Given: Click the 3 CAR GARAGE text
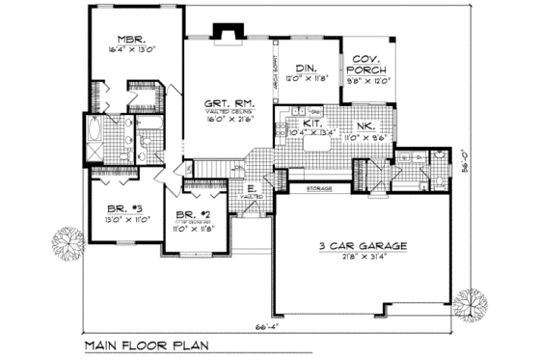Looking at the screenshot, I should coord(363,246).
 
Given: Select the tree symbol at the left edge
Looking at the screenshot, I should coord(66,240).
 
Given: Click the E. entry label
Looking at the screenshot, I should coord(251,188).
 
